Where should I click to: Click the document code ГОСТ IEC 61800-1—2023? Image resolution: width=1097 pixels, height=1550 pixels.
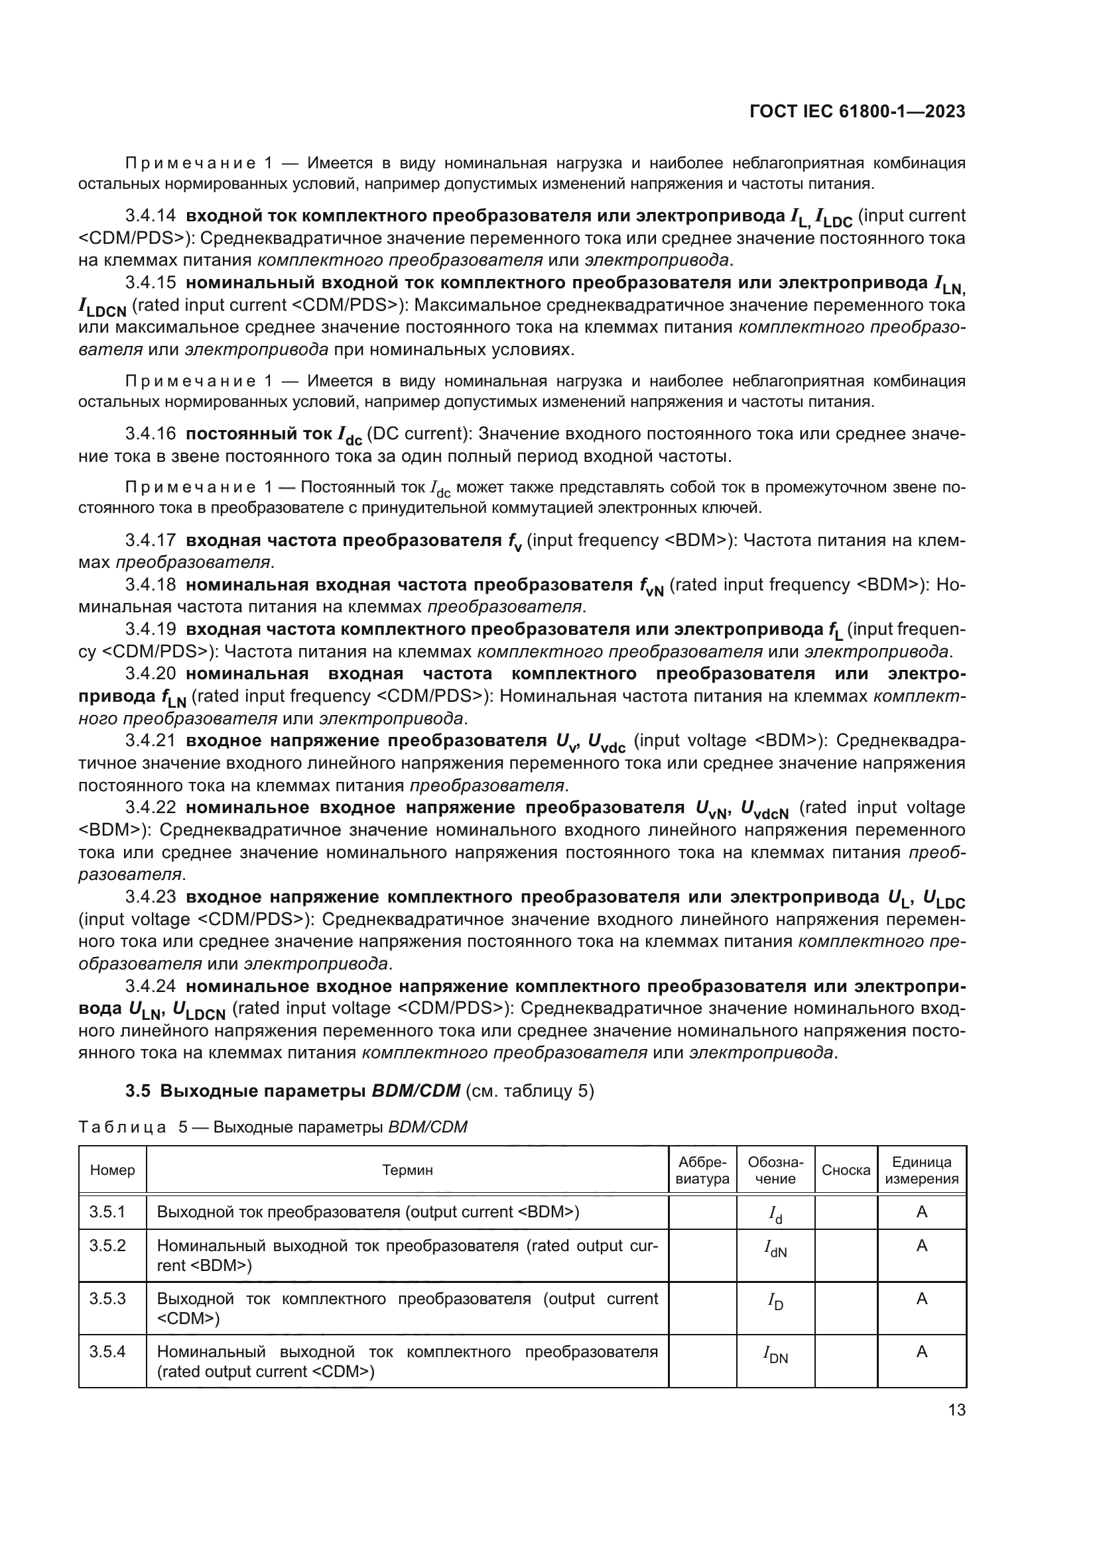(857, 112)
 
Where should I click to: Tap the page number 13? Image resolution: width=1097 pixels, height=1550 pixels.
(956, 1410)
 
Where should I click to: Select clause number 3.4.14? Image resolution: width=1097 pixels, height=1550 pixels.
(150, 216)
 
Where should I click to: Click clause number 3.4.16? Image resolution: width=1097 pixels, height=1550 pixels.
(150, 434)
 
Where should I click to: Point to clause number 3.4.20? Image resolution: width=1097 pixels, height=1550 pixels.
(150, 674)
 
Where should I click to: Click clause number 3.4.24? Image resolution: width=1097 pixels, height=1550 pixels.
(150, 986)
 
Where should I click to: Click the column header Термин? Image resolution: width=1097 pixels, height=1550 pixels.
(407, 1170)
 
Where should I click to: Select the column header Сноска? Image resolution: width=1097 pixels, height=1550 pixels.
(846, 1170)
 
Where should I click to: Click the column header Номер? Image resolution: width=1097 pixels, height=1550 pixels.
(112, 1170)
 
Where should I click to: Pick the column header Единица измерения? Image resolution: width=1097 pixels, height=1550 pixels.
(921, 1170)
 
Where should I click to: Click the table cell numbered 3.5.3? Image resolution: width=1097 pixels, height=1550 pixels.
(107, 1299)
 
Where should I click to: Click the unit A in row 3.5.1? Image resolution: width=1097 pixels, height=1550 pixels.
(921, 1213)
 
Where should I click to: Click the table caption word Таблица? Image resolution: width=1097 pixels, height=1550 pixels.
(122, 1127)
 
